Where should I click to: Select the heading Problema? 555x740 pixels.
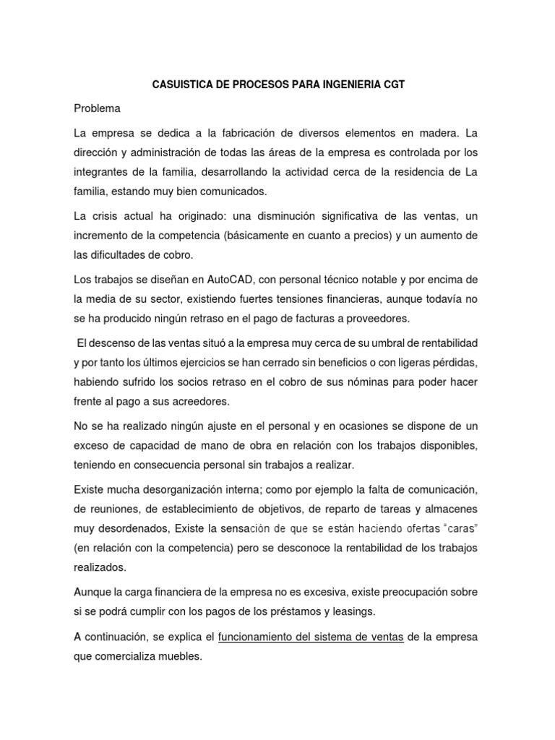click(98, 109)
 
